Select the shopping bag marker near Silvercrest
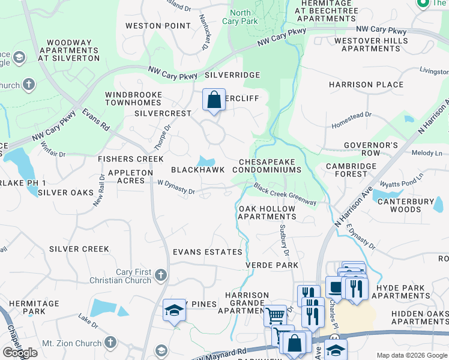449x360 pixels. point(214,101)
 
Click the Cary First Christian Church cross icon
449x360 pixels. point(160,275)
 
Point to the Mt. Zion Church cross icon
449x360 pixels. point(109,342)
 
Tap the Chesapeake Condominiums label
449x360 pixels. point(270,166)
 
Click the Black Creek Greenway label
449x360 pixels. point(285,194)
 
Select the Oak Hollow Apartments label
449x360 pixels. point(267,212)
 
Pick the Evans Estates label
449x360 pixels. point(208,252)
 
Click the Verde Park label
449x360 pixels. point(272,265)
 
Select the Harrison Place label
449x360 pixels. point(366,85)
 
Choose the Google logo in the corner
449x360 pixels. point(20,353)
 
